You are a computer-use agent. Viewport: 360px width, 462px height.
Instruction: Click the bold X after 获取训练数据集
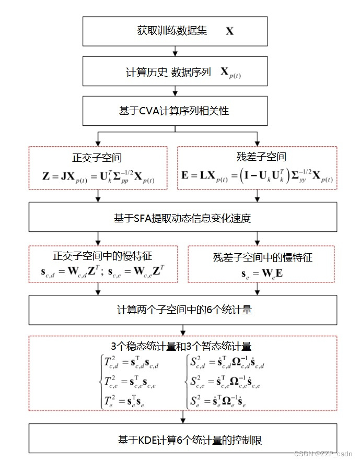(x=230, y=31)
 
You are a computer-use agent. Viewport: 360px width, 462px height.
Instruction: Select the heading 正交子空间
(x=97, y=158)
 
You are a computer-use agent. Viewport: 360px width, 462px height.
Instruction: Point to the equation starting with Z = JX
(x=98, y=177)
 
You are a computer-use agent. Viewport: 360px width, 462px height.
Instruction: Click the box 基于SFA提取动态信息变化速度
(x=182, y=217)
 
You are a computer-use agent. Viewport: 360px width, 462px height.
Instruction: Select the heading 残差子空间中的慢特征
(x=263, y=257)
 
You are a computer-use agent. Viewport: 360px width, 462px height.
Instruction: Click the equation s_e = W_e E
(x=263, y=273)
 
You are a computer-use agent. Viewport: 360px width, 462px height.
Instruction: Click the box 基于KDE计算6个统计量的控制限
(x=182, y=440)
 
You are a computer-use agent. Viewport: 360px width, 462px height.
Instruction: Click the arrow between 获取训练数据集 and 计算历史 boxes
(x=176, y=51)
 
